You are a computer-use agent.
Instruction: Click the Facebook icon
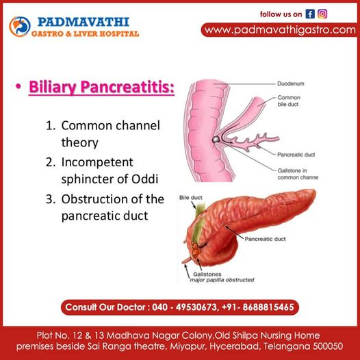click(310, 14)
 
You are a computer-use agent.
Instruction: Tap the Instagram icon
click(322, 14)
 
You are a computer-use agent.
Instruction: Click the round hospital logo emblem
click(20, 27)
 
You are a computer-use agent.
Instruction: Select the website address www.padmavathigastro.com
click(280, 30)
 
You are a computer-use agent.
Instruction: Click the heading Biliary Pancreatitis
click(101, 88)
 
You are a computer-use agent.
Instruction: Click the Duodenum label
click(291, 83)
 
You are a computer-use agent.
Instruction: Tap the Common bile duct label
click(289, 101)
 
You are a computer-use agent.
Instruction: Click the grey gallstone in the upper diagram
click(216, 140)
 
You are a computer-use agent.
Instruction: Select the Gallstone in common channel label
click(298, 174)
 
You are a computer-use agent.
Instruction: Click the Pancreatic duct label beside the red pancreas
click(265, 239)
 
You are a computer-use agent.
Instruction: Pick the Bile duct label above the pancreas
click(191, 197)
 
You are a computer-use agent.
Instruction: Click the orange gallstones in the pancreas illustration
click(196, 251)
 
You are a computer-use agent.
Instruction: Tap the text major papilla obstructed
click(222, 280)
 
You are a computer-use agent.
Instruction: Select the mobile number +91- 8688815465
click(258, 307)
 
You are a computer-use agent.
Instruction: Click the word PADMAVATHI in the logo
click(83, 22)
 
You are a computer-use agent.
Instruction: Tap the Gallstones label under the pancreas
click(207, 274)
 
